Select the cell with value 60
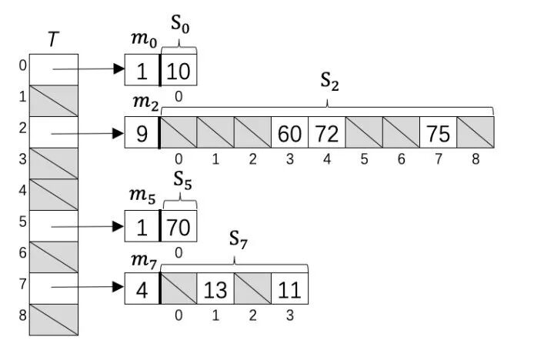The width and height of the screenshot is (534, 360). tap(289, 132)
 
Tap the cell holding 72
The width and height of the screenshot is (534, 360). tap(326, 132)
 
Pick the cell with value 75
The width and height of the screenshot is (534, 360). tap(438, 132)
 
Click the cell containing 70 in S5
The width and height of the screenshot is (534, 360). tap(179, 227)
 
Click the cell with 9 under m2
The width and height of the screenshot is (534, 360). tap(142, 132)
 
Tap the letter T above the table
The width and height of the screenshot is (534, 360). tap(52, 39)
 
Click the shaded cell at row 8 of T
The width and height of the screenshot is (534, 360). tap(52, 319)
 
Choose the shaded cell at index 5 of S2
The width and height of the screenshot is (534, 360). tap(363, 132)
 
